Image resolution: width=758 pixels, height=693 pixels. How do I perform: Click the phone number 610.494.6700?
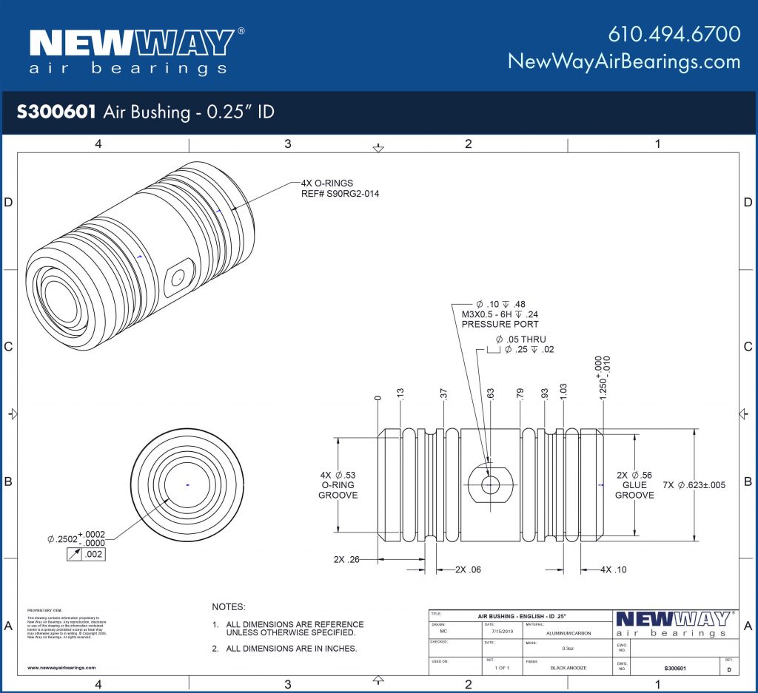coord(674,34)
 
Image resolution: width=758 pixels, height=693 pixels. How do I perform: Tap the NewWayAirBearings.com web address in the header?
coord(623,61)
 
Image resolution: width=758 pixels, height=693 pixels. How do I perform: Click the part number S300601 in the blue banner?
coord(56,112)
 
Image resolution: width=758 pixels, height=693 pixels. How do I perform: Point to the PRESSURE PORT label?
coord(500,324)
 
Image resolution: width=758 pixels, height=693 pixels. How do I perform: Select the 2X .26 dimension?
coord(346,559)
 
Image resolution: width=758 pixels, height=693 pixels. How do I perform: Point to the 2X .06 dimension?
coord(467,569)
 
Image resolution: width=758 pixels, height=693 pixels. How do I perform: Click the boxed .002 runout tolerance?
coord(93,554)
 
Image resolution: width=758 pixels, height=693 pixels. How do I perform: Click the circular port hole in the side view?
coord(490,485)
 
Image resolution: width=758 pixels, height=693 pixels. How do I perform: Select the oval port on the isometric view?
coord(177,277)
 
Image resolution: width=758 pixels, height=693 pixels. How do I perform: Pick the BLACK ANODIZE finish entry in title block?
coord(568,666)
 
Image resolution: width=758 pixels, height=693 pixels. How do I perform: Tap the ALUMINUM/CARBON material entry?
coord(568,633)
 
